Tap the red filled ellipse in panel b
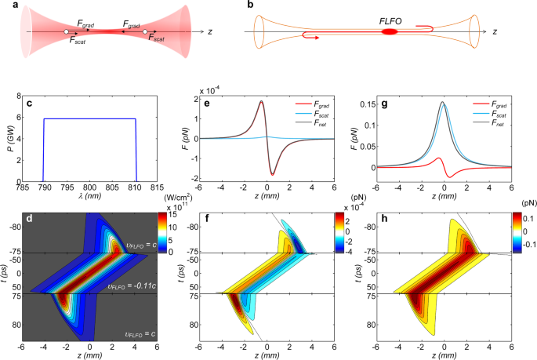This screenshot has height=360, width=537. [390, 32]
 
